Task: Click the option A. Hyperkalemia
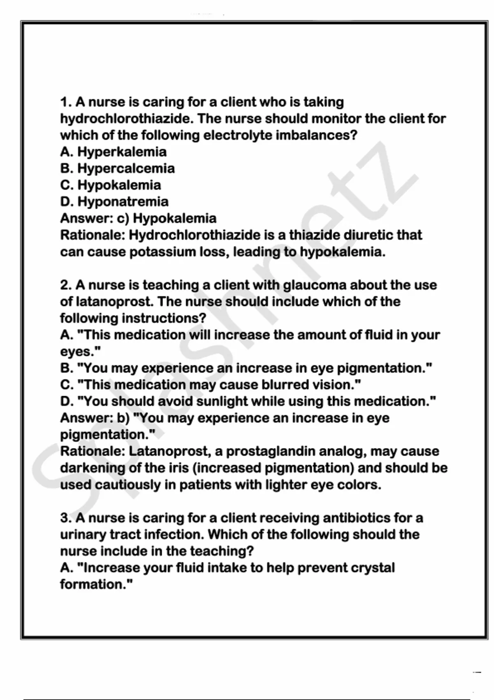point(113,152)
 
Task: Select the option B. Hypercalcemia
point(117,168)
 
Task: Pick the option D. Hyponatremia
point(114,202)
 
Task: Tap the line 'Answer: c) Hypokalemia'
point(138,218)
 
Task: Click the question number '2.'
point(66,285)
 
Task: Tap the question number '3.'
point(66,518)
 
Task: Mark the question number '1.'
point(66,102)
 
